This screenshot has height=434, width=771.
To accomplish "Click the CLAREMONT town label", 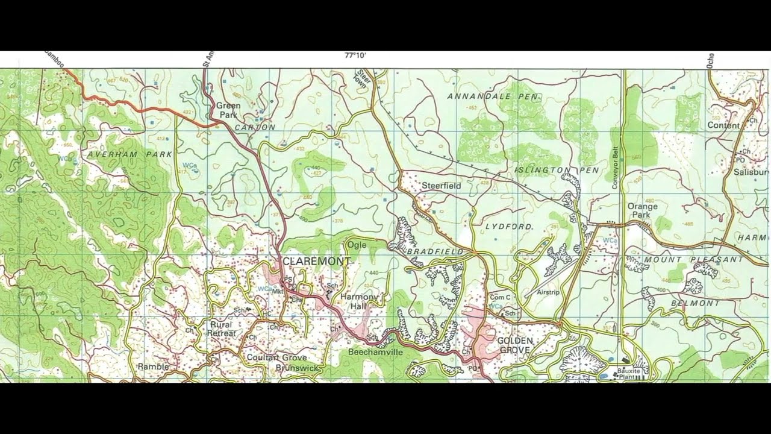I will click(x=316, y=261).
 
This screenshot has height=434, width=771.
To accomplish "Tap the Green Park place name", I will click(x=228, y=110).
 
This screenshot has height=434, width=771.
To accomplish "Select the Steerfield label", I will click(x=441, y=186).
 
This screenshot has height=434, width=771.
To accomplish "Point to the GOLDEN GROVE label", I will click(x=516, y=345).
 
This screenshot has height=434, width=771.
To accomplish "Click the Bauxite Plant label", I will click(x=629, y=374).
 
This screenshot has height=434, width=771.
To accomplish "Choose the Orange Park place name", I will click(x=642, y=210).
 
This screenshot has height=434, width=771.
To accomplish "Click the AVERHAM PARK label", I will click(x=130, y=154).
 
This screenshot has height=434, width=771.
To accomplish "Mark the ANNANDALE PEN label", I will click(x=492, y=96).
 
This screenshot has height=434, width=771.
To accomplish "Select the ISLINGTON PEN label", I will click(x=557, y=171).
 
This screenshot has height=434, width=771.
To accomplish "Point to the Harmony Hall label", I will click(x=358, y=301).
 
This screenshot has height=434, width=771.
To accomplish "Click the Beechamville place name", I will click(x=375, y=351).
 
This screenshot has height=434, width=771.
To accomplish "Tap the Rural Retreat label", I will click(x=221, y=329).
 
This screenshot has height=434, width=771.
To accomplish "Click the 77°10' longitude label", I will click(x=355, y=55).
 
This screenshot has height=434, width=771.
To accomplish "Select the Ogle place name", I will click(x=356, y=245).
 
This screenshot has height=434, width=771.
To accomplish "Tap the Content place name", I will click(x=723, y=125).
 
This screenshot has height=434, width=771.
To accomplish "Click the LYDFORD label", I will click(x=509, y=227).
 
